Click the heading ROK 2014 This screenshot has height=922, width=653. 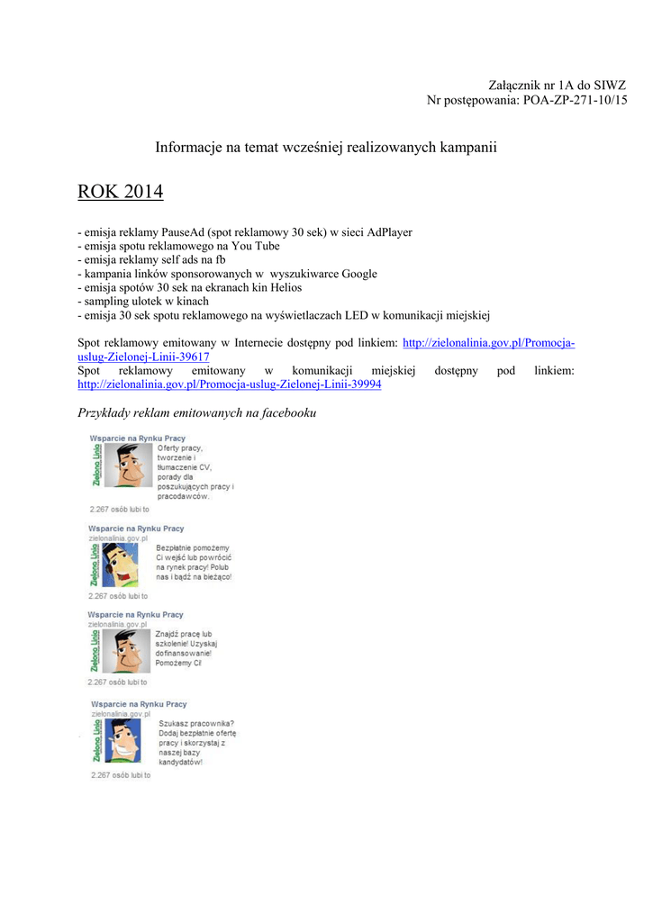pyautogui.click(x=120, y=193)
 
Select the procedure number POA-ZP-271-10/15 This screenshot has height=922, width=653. pyautogui.click(x=575, y=100)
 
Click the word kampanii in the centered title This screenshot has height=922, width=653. pyautogui.click(x=466, y=147)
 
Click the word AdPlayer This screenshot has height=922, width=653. pyautogui.click(x=385, y=232)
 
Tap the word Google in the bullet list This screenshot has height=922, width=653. pyautogui.click(x=358, y=274)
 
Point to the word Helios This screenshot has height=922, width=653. pyautogui.click(x=282, y=287)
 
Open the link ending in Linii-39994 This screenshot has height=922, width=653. pyautogui.click(x=229, y=384)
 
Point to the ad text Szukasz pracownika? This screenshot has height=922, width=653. pyautogui.click(x=196, y=723)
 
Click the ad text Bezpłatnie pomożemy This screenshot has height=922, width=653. pyautogui.click(x=193, y=547)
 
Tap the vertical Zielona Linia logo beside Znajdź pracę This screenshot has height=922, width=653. pyautogui.click(x=95, y=650)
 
